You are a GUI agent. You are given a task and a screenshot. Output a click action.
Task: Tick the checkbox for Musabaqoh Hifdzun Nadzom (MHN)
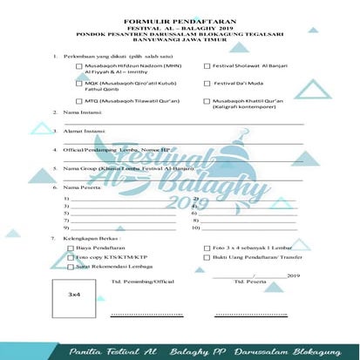(80, 66)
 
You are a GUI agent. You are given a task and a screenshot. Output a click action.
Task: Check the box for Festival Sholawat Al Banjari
(207, 66)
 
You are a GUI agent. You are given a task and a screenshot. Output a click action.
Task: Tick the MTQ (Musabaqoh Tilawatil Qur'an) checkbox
(80, 102)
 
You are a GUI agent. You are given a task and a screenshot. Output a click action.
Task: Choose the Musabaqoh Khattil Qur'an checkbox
(207, 102)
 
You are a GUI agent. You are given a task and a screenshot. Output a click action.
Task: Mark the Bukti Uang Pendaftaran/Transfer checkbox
(207, 259)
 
